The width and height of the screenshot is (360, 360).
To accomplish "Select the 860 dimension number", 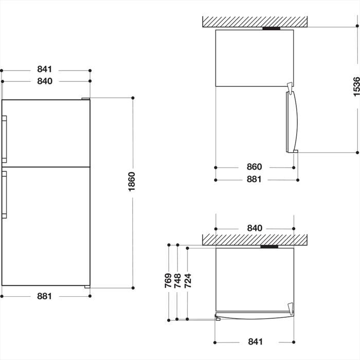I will click(x=254, y=167).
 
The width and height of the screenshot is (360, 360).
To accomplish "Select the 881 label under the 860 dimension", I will click(x=254, y=179).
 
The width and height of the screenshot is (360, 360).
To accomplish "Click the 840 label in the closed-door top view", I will click(x=254, y=228).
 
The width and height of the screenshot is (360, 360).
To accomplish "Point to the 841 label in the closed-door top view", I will click(x=254, y=341).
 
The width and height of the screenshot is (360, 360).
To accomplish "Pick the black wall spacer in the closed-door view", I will click(x=269, y=247).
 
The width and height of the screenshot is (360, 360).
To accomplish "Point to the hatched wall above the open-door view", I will click(x=255, y=22).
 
